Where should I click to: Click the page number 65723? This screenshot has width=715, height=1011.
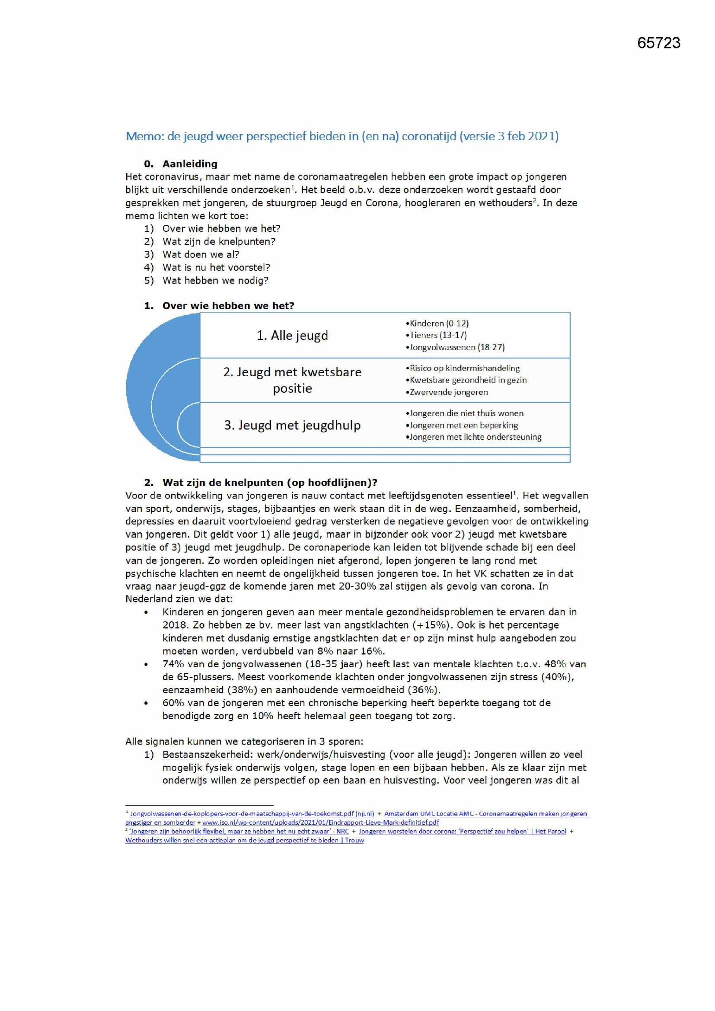(x=658, y=43)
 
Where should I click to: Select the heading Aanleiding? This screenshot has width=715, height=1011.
(x=190, y=164)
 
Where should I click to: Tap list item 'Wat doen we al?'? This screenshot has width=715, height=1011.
(x=201, y=255)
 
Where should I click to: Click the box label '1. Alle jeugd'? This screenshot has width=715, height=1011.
(x=292, y=336)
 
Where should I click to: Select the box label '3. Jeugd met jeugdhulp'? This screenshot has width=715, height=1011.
(x=292, y=426)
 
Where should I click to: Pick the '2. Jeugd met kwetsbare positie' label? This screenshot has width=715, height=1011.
(x=292, y=380)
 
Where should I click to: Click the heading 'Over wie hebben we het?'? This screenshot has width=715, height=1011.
(x=228, y=306)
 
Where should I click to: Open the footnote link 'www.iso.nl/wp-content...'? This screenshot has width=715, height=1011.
(x=320, y=822)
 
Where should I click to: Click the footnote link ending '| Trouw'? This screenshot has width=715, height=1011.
(x=244, y=840)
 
